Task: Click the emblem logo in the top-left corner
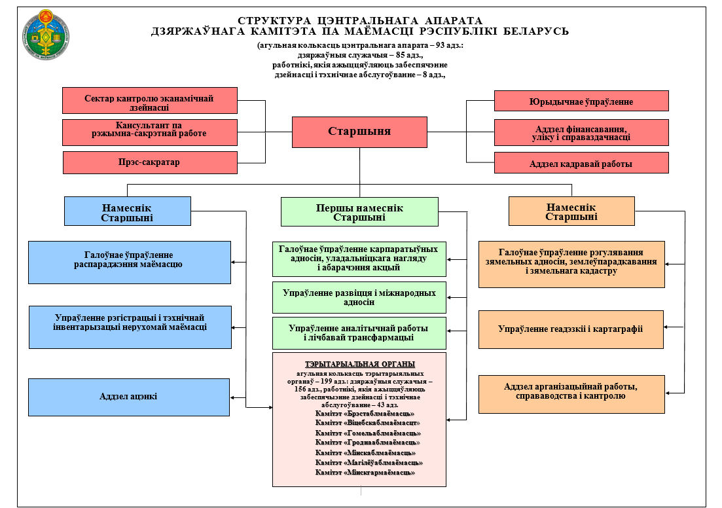46,37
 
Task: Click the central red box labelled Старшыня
359,132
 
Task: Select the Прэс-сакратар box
150,162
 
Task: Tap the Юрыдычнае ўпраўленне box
581,101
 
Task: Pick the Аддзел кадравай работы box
581,163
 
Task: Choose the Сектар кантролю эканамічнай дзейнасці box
150,101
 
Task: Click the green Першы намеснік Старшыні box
359,212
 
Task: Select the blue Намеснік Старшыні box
128,211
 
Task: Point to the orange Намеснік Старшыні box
571,211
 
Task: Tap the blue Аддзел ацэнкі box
129,396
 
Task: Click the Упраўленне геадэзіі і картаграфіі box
571,329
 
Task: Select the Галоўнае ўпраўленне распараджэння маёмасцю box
129,262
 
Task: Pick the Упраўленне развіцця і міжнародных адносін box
359,297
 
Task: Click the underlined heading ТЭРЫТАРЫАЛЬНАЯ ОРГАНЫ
359,364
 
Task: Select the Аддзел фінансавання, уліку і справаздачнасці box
581,132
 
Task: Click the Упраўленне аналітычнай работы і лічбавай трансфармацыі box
359,333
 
